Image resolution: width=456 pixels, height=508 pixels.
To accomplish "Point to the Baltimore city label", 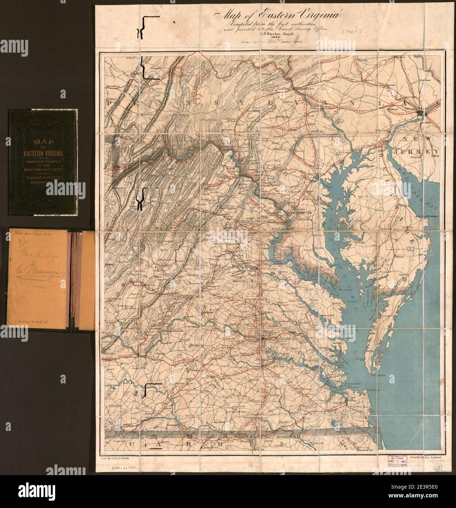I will pos(316,174).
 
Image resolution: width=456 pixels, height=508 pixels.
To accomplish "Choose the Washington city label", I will pos(301,212).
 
